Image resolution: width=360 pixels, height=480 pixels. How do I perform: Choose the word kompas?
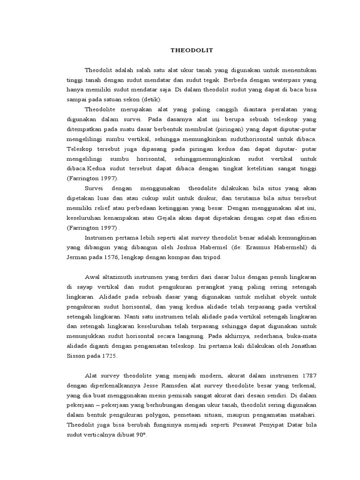177,258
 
